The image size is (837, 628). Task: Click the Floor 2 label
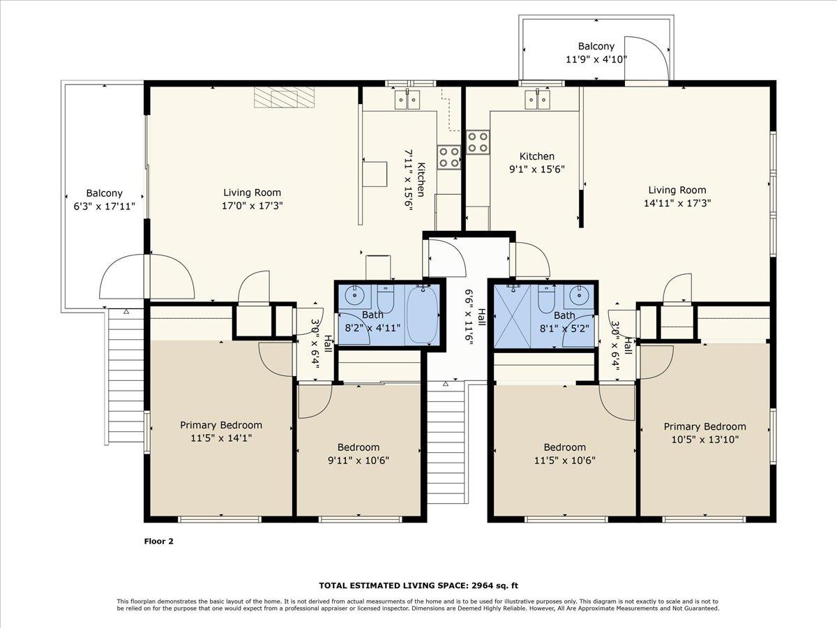tap(158, 541)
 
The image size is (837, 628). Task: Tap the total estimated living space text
tap(418, 585)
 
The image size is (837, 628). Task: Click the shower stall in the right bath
tap(515, 315)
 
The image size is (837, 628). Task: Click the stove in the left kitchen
tap(448, 156)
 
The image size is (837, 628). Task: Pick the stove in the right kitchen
tap(478, 142)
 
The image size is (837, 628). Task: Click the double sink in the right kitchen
tap(538, 99)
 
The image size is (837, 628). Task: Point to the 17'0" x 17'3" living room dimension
tap(252, 205)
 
